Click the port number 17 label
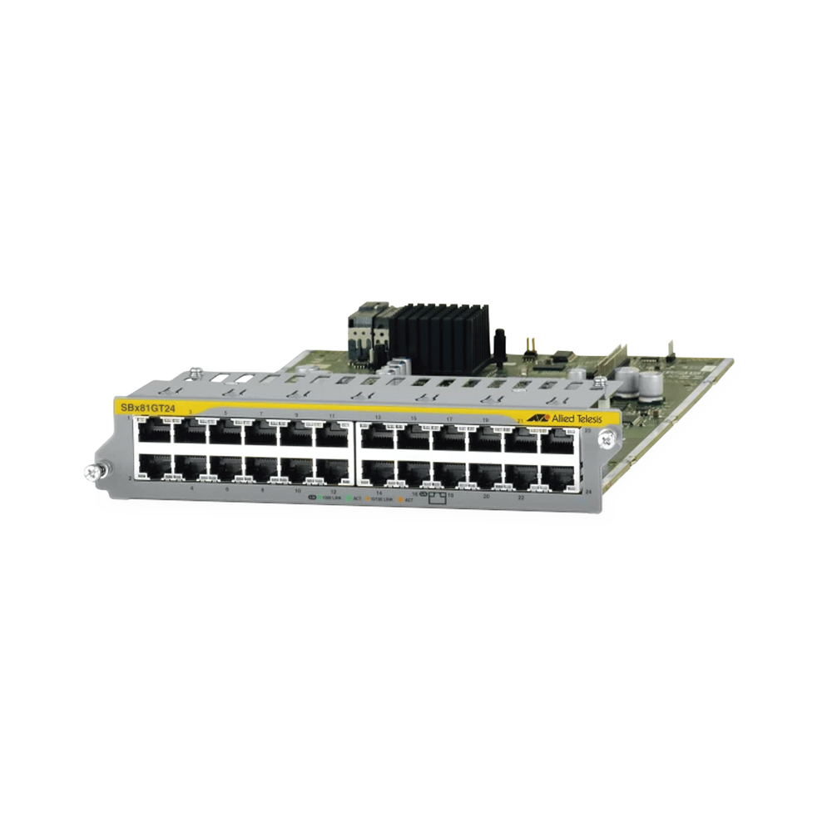(449, 418)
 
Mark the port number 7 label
(261, 413)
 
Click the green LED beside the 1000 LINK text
(319, 496)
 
